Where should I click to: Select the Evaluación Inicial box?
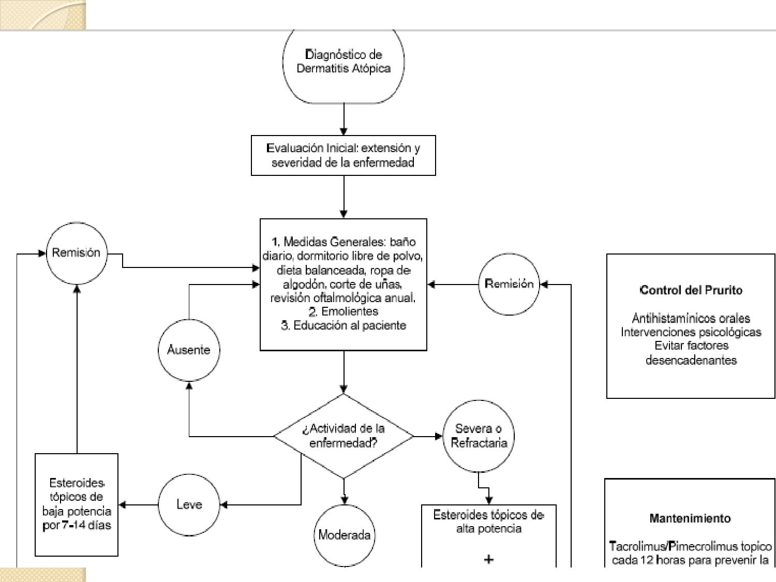click(344, 156)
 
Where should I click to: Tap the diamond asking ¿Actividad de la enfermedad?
click(344, 436)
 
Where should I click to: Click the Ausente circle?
click(189, 350)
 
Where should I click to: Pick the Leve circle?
click(189, 504)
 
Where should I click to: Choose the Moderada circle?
click(345, 535)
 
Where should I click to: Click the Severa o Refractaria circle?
click(479, 436)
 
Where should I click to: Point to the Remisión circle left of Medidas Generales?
click(77, 253)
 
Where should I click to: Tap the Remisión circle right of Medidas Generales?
click(509, 284)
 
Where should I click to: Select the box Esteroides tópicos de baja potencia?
click(77, 504)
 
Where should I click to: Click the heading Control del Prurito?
click(691, 290)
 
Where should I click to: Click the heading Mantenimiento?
click(690, 518)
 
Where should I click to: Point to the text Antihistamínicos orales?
click(691, 318)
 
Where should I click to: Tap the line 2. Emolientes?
click(344, 311)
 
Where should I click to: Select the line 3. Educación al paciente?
click(344, 325)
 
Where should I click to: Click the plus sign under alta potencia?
click(488, 559)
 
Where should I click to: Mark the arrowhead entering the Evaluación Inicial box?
click(344, 131)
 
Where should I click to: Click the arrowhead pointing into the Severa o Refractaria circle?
click(439, 437)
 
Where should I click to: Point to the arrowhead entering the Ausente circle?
click(189, 386)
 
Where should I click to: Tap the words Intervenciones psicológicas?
click(691, 332)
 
